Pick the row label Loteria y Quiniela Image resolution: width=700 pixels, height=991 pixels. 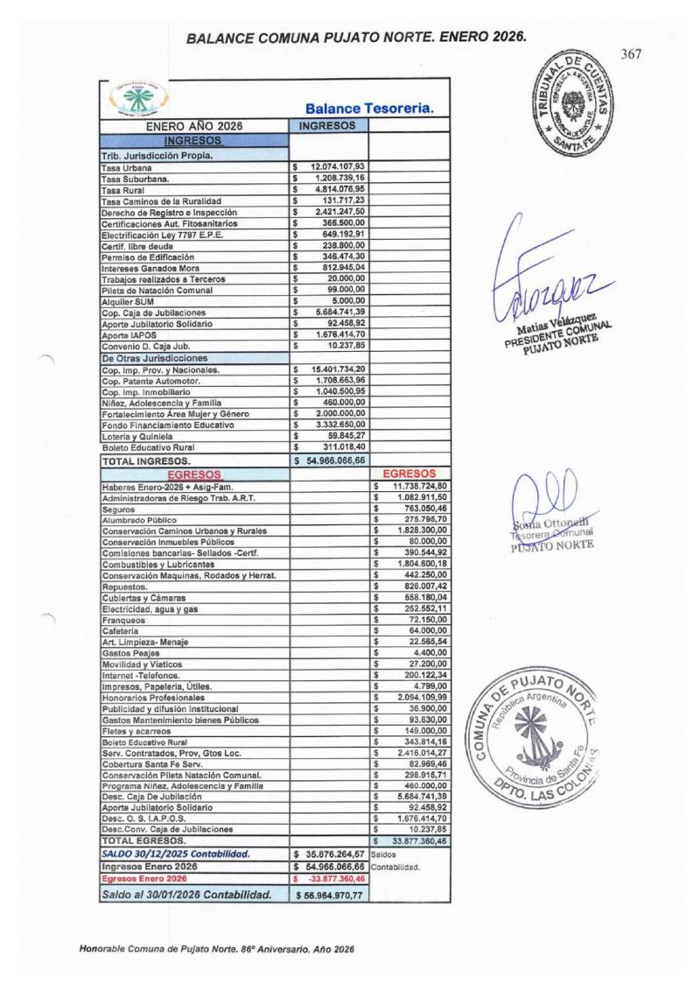click(x=140, y=436)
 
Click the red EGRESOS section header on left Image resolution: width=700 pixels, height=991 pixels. click(x=192, y=472)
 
